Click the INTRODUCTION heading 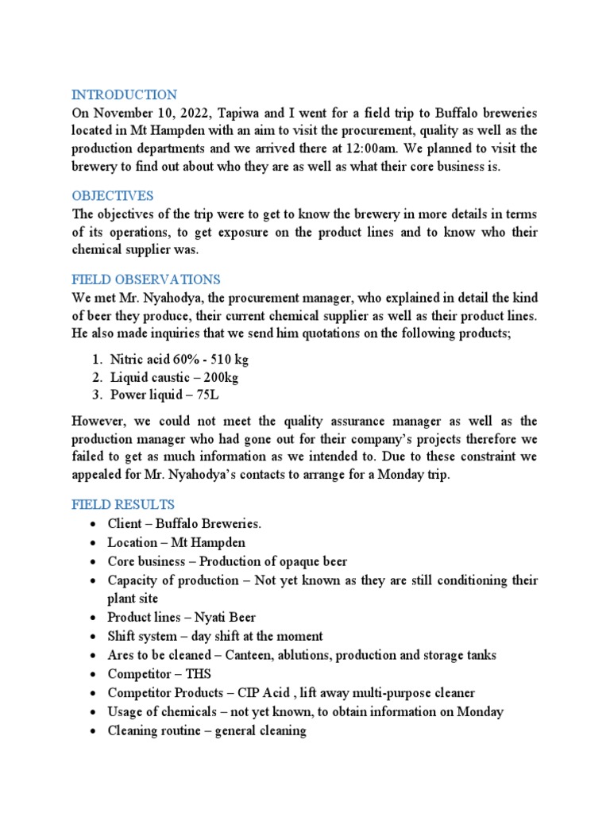pos(125,94)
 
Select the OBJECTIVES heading pos(113,195)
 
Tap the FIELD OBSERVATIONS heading pos(146,279)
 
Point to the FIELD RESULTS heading pos(123,505)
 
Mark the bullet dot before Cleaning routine pos(94,731)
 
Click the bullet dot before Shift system pos(94,636)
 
